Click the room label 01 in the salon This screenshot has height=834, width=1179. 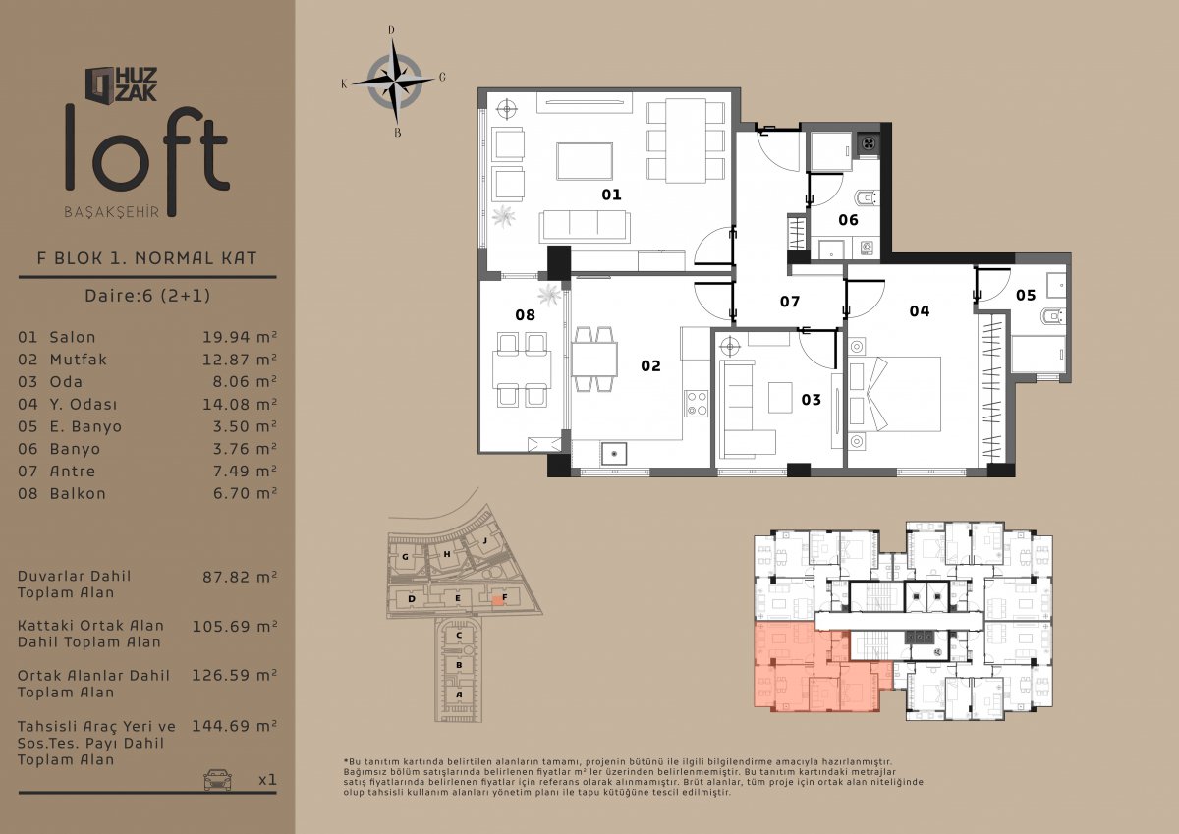[611, 195]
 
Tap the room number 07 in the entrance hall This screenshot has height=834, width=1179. [790, 302]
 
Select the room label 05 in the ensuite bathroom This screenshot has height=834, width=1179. [1026, 295]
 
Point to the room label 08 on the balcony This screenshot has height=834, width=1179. [526, 315]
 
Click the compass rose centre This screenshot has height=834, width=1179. [394, 82]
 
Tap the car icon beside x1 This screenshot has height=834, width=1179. [218, 779]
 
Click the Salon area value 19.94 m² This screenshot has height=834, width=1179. [240, 337]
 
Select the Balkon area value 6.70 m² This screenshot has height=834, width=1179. [245, 493]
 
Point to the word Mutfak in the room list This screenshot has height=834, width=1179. [79, 360]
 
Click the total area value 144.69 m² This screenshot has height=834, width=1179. [234, 726]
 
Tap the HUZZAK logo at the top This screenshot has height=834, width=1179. [122, 84]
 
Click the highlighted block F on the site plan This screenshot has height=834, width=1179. [497, 599]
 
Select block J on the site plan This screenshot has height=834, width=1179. [485, 540]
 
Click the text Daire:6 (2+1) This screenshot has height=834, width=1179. [147, 296]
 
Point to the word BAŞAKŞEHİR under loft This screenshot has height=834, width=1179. [112, 212]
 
